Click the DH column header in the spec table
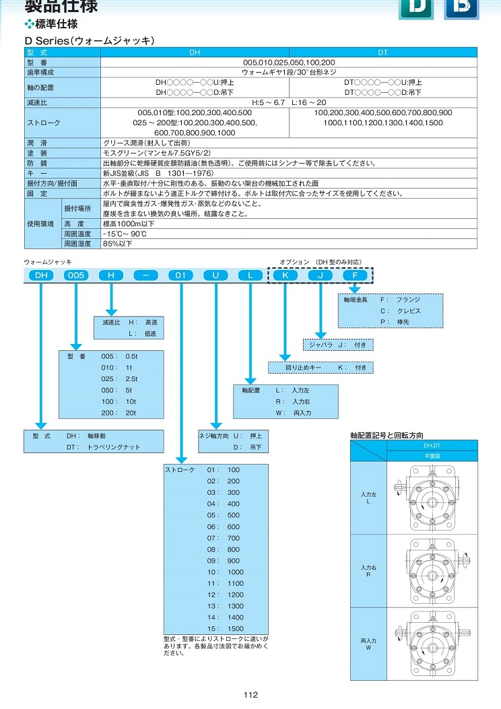click(x=195, y=53)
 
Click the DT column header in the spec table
click(x=382, y=53)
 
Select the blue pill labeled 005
click(x=76, y=275)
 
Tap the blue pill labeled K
click(x=286, y=275)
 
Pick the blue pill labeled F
click(x=355, y=275)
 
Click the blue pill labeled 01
click(x=181, y=275)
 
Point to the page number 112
click(x=250, y=695)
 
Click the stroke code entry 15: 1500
click(x=225, y=628)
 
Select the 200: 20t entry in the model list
click(x=119, y=413)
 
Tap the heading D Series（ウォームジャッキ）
click(x=90, y=40)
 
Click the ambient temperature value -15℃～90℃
click(x=125, y=234)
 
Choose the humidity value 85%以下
click(x=118, y=244)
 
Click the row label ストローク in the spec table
click(x=43, y=123)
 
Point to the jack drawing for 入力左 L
click(x=428, y=498)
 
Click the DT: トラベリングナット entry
click(x=103, y=447)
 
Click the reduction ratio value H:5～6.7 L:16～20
click(x=289, y=102)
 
